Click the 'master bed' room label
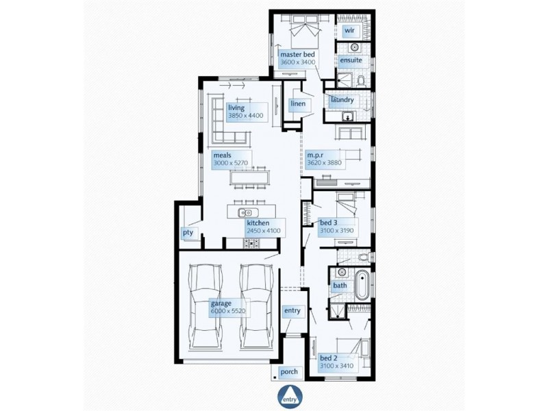click(x=297, y=53)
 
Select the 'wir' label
click(x=349, y=31)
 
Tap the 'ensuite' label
click(x=351, y=60)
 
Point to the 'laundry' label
click(x=342, y=101)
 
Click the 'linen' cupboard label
click(x=297, y=103)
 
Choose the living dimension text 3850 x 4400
click(x=246, y=116)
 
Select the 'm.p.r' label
click(x=315, y=155)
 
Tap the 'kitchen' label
click(x=258, y=223)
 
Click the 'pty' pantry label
click(x=188, y=233)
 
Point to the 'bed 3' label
click(x=329, y=223)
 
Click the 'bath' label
click(x=340, y=285)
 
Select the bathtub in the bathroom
click(x=362, y=284)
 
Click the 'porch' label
click(x=289, y=372)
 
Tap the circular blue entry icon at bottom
click(x=287, y=397)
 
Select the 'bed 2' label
click(x=329, y=358)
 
